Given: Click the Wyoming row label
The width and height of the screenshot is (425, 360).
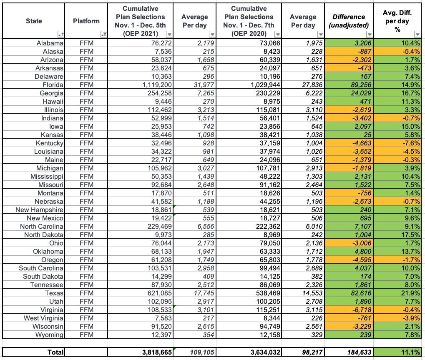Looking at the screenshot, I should tap(50, 335).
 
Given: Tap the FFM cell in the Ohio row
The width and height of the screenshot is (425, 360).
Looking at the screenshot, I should tap(86, 243).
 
